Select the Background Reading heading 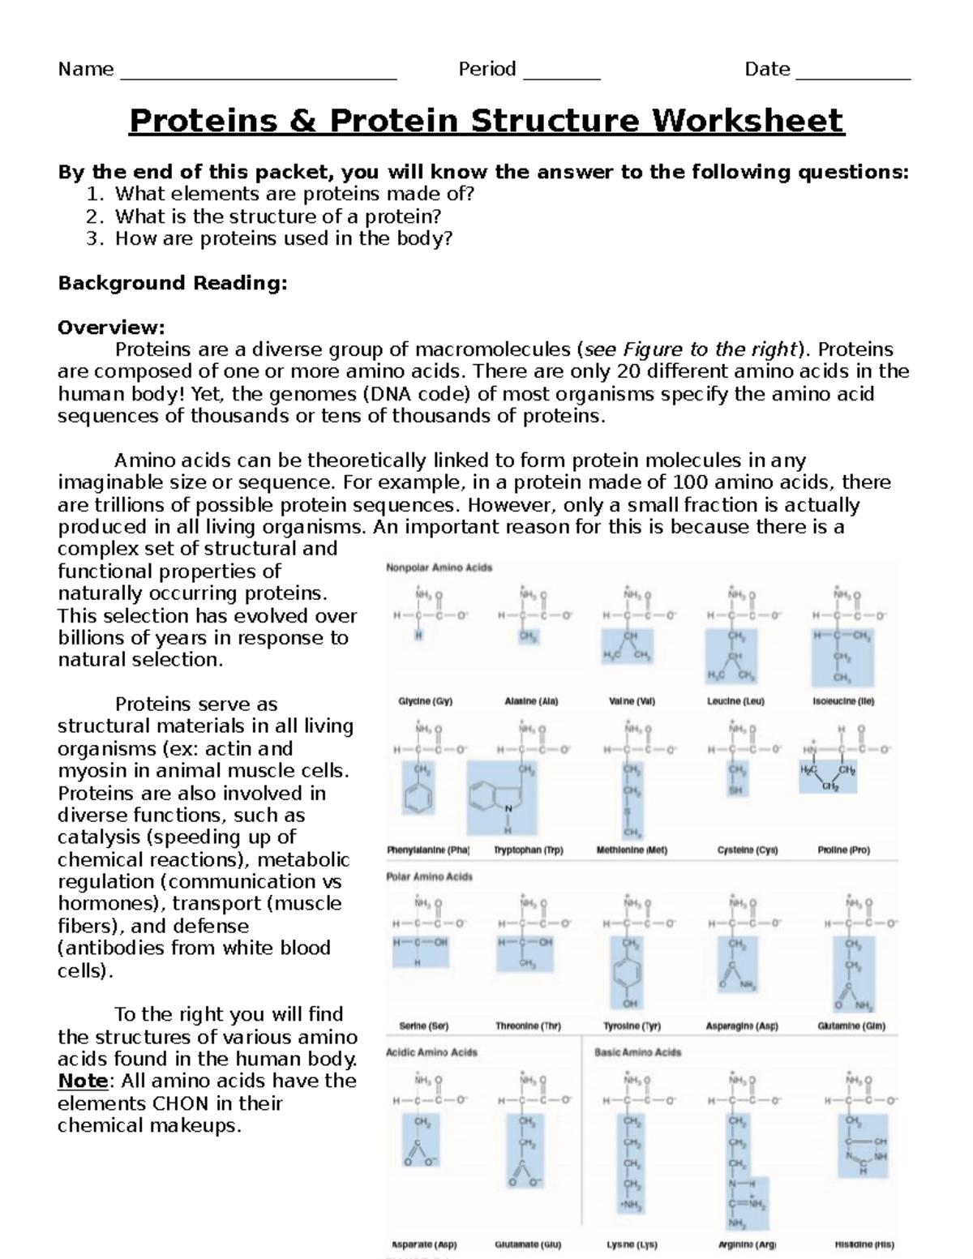point(173,283)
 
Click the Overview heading point(111,328)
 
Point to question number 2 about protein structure point(277,216)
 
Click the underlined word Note point(83,1081)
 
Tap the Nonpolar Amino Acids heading point(439,567)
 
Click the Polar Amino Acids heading point(429,876)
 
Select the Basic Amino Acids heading point(637,1052)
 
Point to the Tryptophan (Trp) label point(528,850)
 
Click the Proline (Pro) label point(843,850)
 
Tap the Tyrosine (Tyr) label point(632,1026)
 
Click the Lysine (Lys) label point(632,1244)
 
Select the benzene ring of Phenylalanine point(419,799)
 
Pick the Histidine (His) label point(864,1244)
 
